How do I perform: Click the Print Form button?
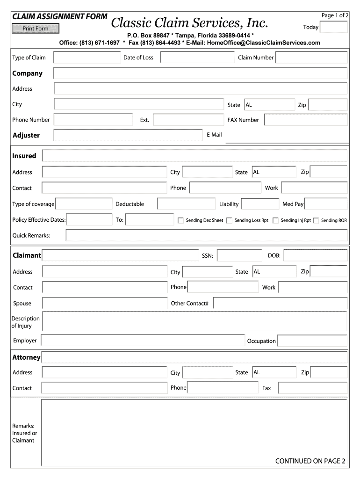point(36,29)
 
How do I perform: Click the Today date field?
point(334,27)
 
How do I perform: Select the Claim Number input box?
point(311,58)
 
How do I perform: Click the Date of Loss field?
point(197,58)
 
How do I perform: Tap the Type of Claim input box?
point(87,58)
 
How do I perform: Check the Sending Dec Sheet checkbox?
point(181,220)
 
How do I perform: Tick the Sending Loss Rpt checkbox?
point(230,220)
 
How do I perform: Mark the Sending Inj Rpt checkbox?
point(276,220)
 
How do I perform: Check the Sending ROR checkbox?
point(316,220)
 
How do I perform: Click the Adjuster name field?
point(128,135)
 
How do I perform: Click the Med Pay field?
point(326,204)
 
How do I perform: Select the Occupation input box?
point(312,341)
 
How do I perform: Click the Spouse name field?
point(105,303)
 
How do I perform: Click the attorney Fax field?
point(313,388)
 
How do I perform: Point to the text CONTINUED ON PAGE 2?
point(310,461)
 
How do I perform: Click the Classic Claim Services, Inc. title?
point(190,22)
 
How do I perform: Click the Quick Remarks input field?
point(206,235)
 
